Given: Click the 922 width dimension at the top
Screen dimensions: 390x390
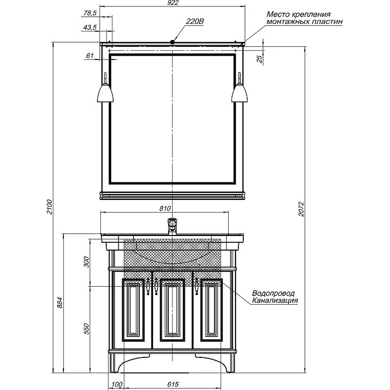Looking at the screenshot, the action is point(173,2).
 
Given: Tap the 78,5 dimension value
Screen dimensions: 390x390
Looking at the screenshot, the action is point(90,13).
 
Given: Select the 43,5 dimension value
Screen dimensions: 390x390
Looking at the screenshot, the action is point(90,27).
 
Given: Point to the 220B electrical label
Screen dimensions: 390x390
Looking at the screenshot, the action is point(195,21).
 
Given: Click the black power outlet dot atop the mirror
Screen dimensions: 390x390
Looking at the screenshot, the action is point(172,42).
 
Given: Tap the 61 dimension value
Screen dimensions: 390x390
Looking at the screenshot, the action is point(90,56).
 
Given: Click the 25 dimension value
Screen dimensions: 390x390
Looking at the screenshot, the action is point(259,59).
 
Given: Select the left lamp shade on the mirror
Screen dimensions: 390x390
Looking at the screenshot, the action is point(105,93).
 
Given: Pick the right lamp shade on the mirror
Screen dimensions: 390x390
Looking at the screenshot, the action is point(239,93).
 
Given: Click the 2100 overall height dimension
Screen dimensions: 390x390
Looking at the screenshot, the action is point(50,207).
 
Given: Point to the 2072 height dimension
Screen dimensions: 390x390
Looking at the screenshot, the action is point(301,209).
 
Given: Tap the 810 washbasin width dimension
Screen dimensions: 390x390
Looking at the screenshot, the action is point(165,208).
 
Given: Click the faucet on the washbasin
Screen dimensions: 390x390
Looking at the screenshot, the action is point(172,226).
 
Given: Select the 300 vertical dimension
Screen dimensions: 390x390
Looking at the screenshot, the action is point(86,262).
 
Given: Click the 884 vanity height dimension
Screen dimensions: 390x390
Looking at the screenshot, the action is point(60,302).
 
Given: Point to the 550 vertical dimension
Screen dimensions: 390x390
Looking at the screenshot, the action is point(86,329).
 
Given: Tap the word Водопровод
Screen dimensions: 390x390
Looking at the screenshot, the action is point(273,293).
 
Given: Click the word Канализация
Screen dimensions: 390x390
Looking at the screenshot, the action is point(275,300).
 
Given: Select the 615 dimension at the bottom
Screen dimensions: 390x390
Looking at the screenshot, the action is point(173,384).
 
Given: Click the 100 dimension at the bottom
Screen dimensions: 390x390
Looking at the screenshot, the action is point(117,384).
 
